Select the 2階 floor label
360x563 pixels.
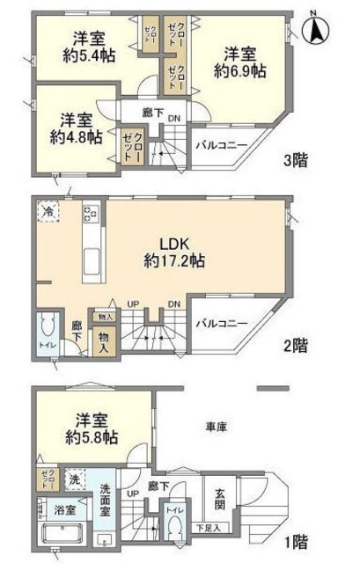[x=297, y=345]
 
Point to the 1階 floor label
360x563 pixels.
[x=297, y=542]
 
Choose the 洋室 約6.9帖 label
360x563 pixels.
[x=239, y=62]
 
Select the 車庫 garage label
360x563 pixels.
[x=217, y=428]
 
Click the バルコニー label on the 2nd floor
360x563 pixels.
[x=220, y=324]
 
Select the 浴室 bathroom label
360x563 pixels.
[x=55, y=508]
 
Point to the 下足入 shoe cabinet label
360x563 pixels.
[x=209, y=528]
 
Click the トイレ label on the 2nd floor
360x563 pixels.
[x=46, y=345]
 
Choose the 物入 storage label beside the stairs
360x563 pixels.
[x=106, y=340]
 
